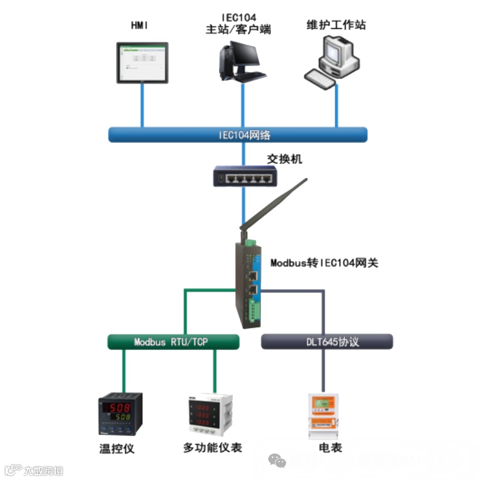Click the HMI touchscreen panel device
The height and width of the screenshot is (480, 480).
142,62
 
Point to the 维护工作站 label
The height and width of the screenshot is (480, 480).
336,25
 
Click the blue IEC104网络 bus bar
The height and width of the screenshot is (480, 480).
237,134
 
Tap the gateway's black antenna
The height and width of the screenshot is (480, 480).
273,204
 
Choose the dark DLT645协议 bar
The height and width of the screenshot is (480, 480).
327,342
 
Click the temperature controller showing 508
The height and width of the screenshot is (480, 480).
121,413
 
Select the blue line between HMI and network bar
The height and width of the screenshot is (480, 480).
142,105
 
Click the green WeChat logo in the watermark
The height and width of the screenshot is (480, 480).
278,461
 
